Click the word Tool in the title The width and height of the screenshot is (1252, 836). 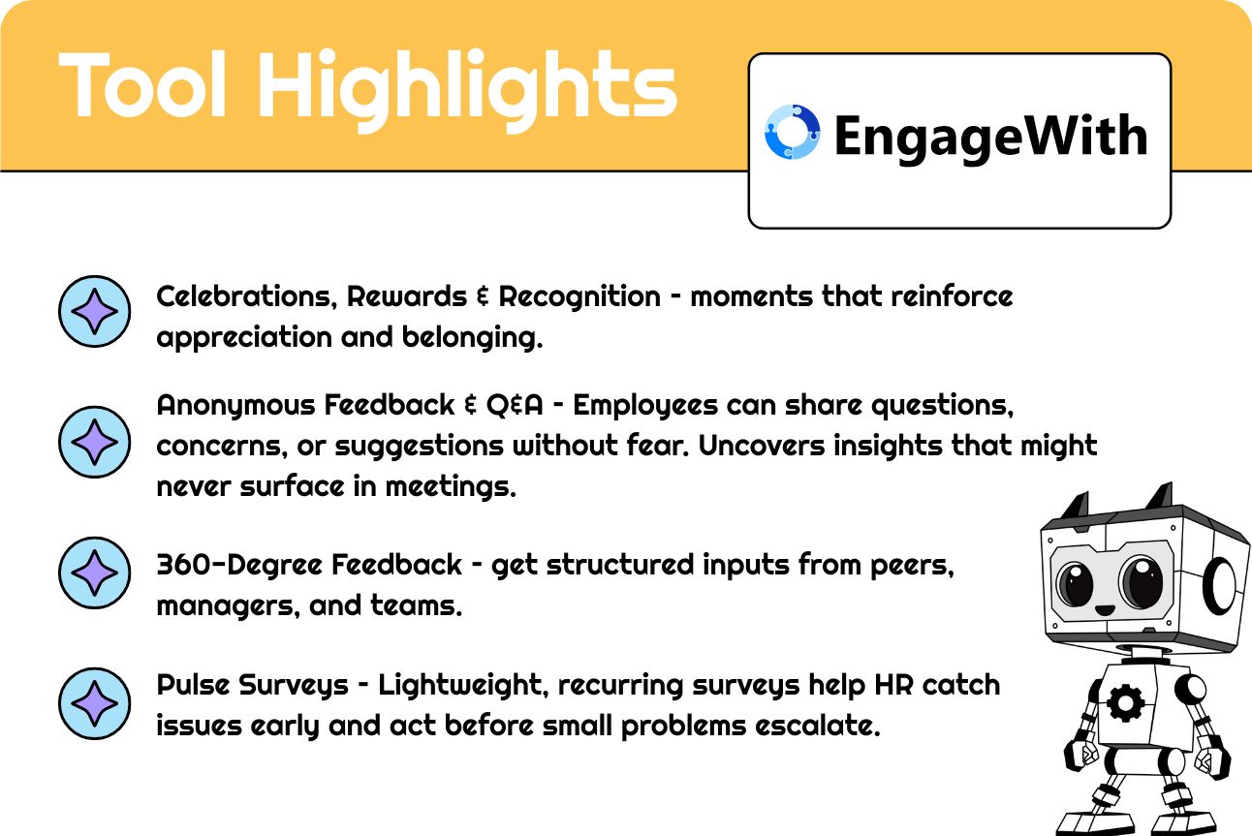[142, 84]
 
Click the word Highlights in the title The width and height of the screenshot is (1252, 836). [467, 90]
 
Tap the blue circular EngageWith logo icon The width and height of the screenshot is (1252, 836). [792, 132]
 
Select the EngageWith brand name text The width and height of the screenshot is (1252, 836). [990, 137]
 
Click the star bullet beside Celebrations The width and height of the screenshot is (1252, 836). [94, 311]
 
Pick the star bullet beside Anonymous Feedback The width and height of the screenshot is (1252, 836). [94, 442]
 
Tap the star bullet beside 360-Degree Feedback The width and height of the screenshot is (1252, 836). [94, 573]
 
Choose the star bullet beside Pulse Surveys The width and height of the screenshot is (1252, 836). [94, 703]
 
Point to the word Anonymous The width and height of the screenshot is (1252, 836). [235, 406]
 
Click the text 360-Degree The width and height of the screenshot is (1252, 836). [239, 566]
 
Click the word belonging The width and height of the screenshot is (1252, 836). [472, 338]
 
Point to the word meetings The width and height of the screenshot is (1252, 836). [451, 486]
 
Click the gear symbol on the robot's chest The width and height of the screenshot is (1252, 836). [1125, 702]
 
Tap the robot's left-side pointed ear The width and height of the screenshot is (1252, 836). [1077, 507]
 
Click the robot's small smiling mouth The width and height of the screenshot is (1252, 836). [1105, 609]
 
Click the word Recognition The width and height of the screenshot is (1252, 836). [579, 296]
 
